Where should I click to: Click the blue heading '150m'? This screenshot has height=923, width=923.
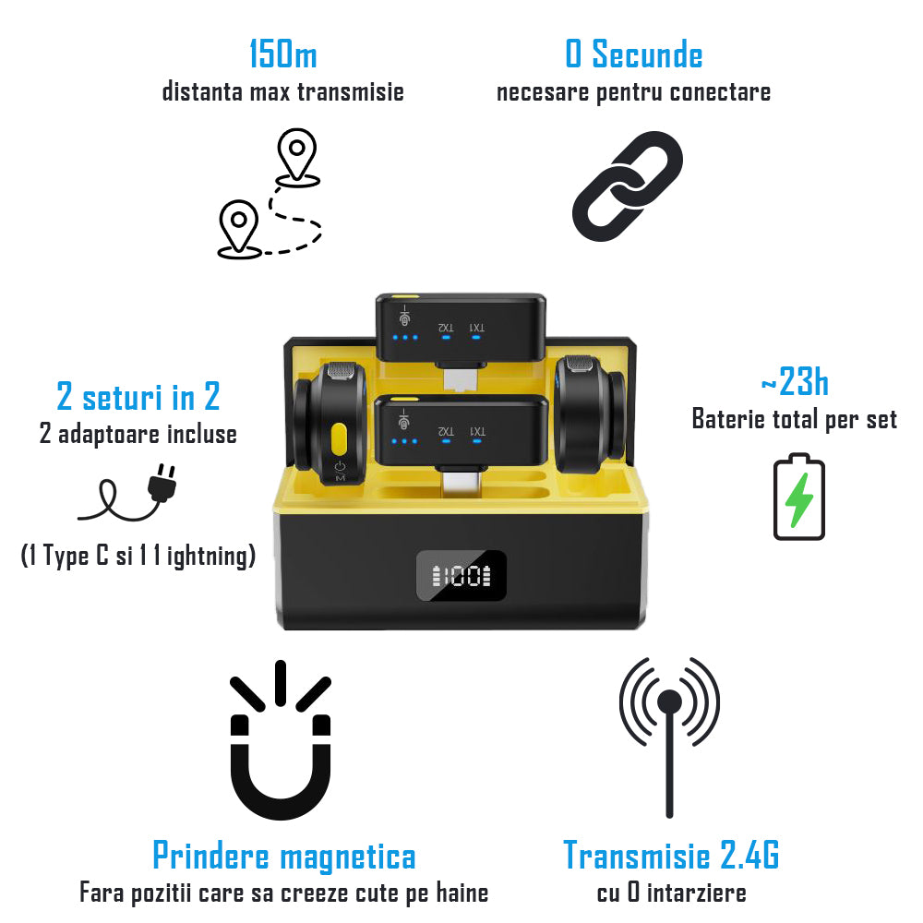(x=283, y=54)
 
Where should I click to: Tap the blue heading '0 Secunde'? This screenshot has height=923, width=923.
(x=634, y=54)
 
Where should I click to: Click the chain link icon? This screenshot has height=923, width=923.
(x=628, y=186)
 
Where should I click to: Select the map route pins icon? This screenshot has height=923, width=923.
(x=270, y=194)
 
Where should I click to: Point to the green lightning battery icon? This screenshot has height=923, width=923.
(x=798, y=497)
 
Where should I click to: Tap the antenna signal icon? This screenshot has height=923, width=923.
(x=669, y=736)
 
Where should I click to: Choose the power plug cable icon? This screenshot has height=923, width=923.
(x=127, y=493)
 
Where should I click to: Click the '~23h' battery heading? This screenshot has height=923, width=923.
(x=795, y=381)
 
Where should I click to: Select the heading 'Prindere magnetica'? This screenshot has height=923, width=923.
(x=284, y=856)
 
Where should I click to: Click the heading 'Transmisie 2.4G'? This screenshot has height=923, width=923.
(x=672, y=855)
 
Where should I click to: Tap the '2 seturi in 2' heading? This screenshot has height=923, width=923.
(x=138, y=396)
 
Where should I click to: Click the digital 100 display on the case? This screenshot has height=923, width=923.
(x=461, y=576)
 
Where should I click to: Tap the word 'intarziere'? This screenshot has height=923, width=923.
(x=696, y=893)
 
